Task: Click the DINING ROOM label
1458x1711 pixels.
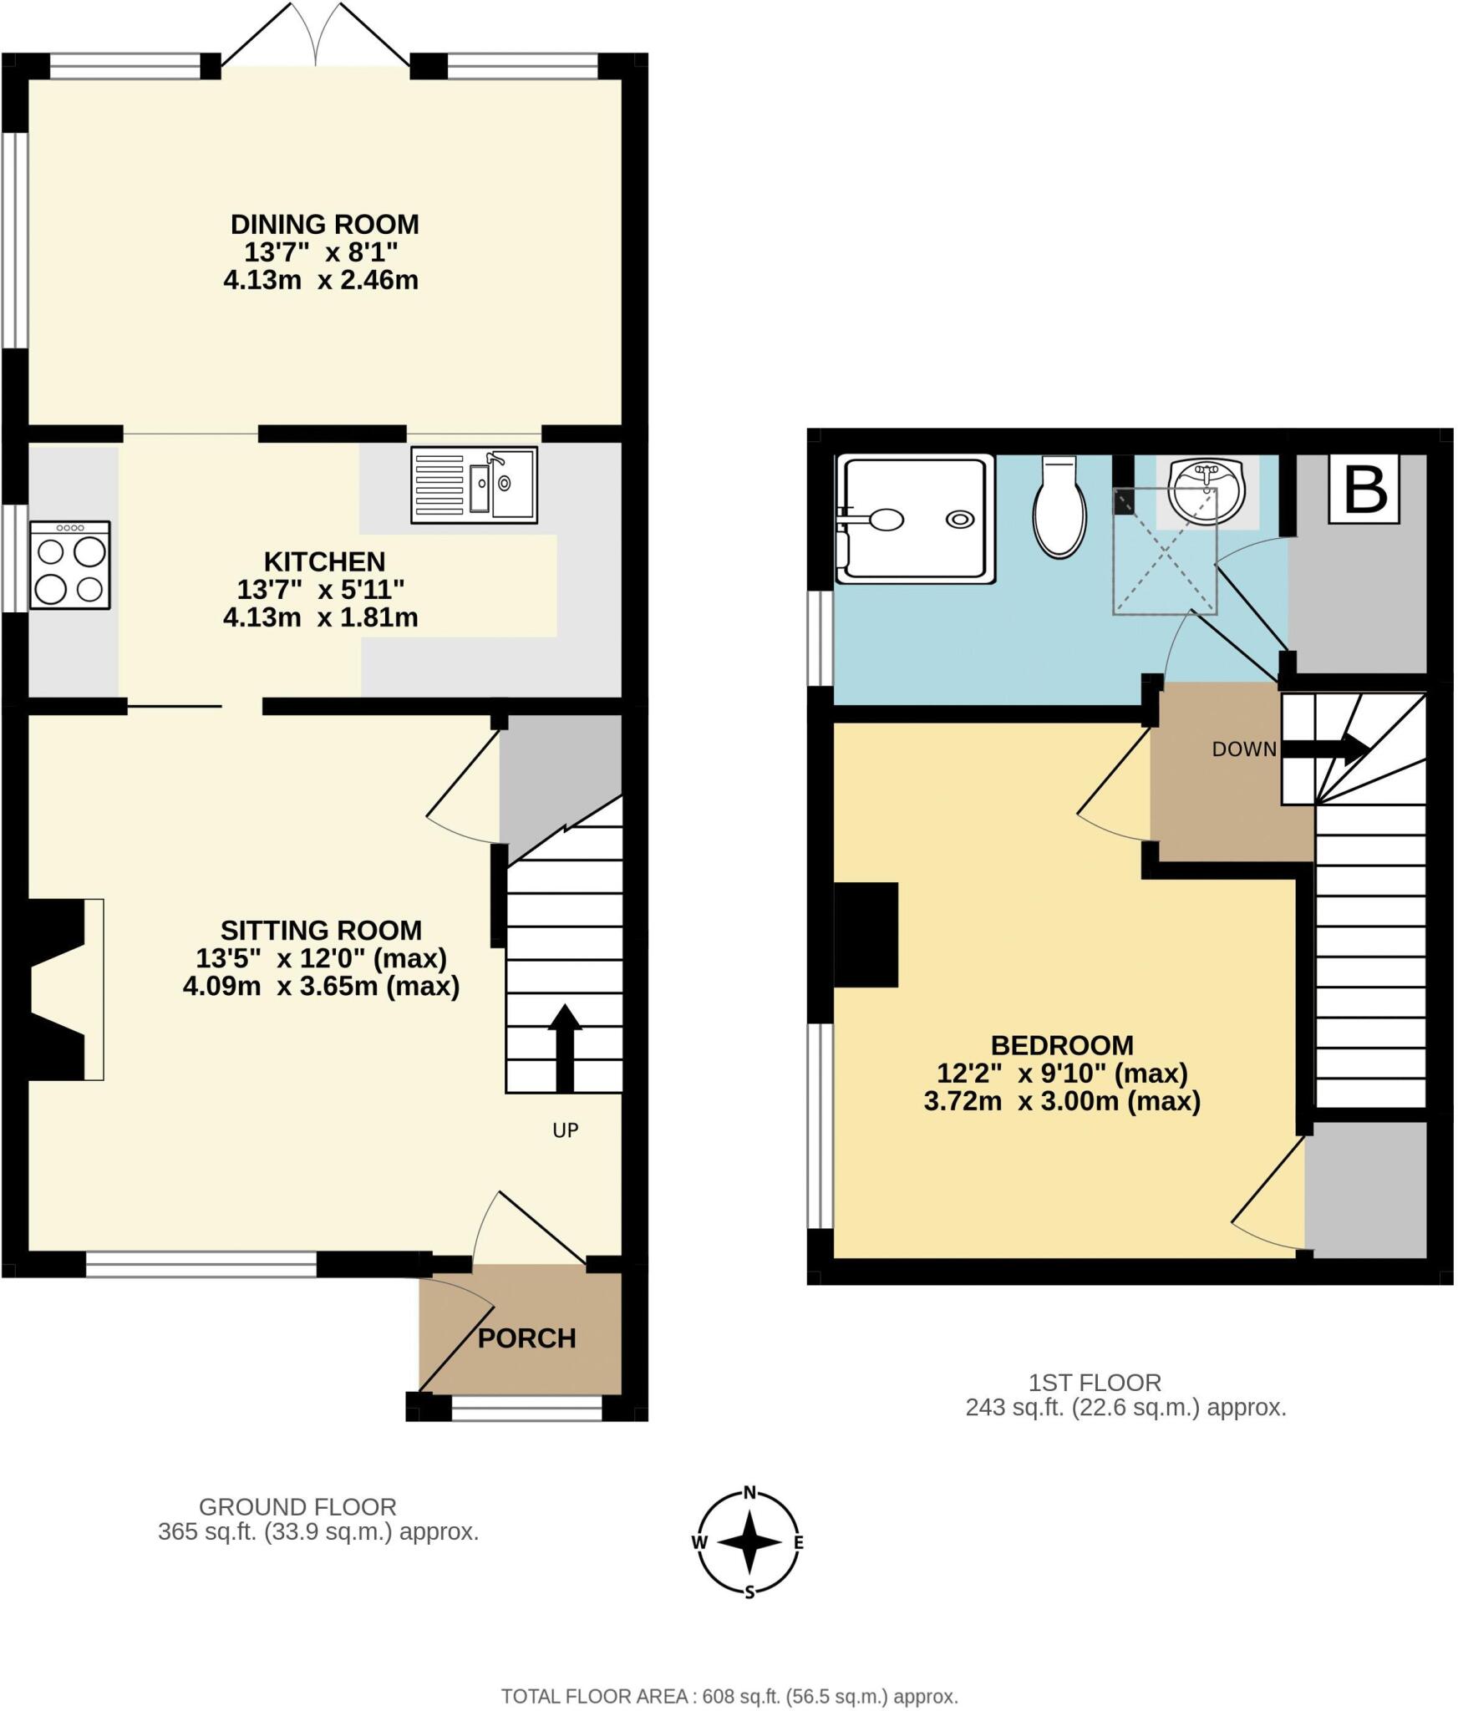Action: [325, 224]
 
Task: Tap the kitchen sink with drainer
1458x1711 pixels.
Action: [474, 485]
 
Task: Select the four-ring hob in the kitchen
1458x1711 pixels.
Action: [70, 565]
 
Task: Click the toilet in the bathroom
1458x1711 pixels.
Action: [1059, 508]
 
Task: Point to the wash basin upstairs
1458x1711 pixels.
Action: [1207, 491]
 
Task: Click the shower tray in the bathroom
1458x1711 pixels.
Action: [917, 519]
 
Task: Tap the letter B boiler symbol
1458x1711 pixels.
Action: [1364, 489]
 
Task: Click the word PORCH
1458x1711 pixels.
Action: [526, 1338]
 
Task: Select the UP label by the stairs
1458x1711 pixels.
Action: [566, 1130]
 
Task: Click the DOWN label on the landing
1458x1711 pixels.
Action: [1244, 749]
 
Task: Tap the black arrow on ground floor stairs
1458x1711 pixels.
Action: [565, 1048]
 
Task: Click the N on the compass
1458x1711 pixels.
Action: [749, 1493]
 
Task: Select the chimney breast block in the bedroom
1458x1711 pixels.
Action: [866, 934]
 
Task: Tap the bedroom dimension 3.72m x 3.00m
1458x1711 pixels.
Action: [1062, 1101]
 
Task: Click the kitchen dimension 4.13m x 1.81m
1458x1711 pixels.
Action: [321, 617]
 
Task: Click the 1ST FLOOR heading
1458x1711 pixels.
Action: [1095, 1383]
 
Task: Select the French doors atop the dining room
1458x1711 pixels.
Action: [316, 38]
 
